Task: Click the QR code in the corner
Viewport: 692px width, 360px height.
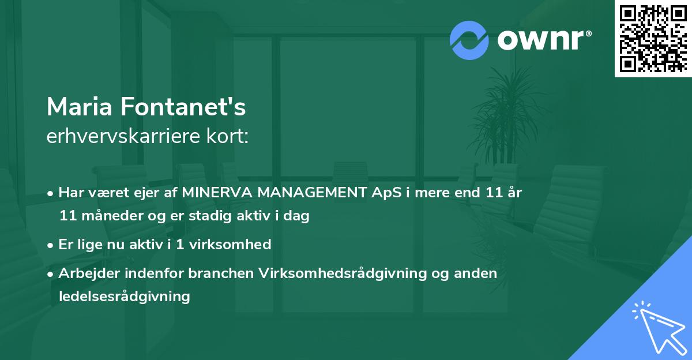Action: pyautogui.click(x=653, y=38)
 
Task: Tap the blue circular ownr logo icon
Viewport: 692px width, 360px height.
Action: pyautogui.click(x=469, y=40)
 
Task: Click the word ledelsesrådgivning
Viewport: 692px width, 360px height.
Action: pyautogui.click(x=124, y=297)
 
